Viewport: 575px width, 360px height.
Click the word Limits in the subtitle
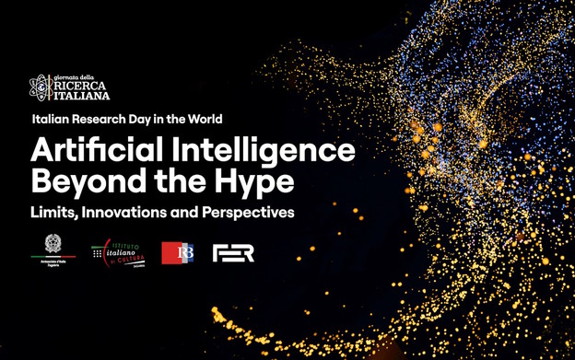53,213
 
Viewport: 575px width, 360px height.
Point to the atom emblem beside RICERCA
40,87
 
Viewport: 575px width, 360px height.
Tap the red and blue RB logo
178,252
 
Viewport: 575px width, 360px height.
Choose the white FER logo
233,252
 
